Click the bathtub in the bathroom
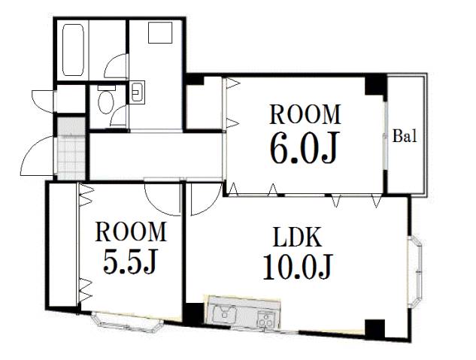click(73, 50)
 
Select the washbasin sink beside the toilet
click(137, 92)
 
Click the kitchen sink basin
click(225, 314)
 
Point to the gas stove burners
click(265, 319)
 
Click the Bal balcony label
click(405, 136)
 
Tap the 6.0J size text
click(304, 148)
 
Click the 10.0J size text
click(298, 266)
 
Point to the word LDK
click(297, 237)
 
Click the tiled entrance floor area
click(71, 148)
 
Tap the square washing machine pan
click(160, 32)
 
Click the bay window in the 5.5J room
click(128, 323)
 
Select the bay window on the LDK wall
click(415, 272)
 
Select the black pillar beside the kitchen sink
click(194, 314)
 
